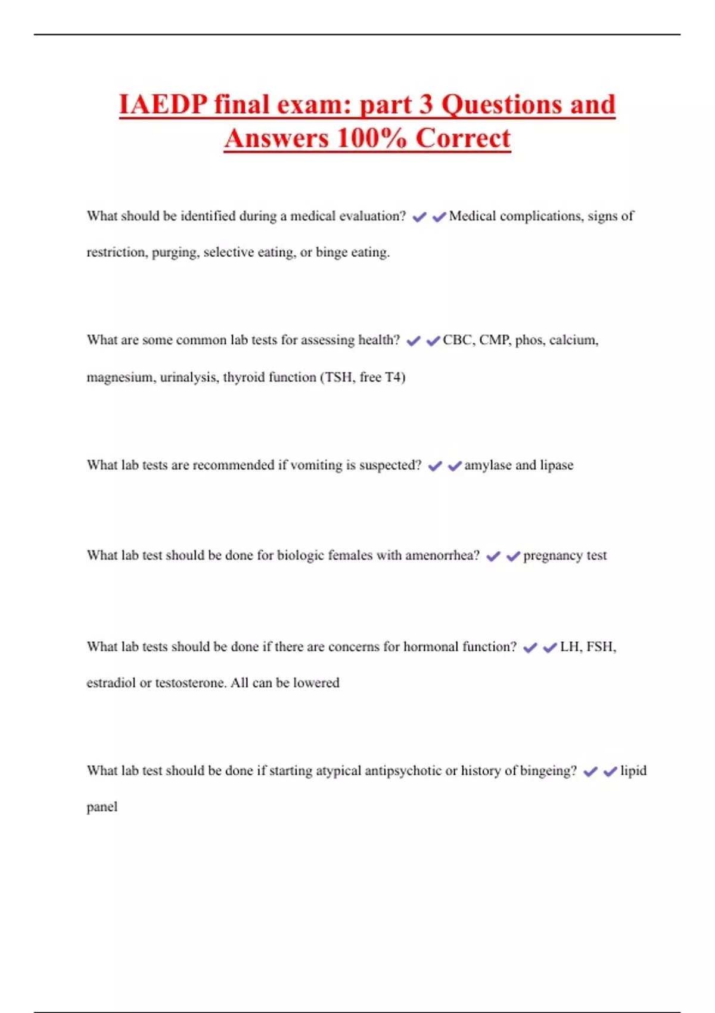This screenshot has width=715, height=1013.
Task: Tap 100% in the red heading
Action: click(x=371, y=139)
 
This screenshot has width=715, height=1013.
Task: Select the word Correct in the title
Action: click(x=463, y=139)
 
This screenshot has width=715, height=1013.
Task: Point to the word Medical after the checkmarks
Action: click(x=472, y=216)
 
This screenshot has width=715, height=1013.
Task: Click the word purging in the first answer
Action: click(x=175, y=253)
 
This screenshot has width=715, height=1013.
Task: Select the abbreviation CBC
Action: click(x=457, y=340)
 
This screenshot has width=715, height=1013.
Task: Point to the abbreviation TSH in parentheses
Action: click(x=339, y=377)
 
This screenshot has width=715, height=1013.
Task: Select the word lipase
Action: click(x=557, y=465)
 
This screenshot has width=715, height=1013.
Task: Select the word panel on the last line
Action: click(x=102, y=807)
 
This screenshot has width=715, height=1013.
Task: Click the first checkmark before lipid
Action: click(x=590, y=772)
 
